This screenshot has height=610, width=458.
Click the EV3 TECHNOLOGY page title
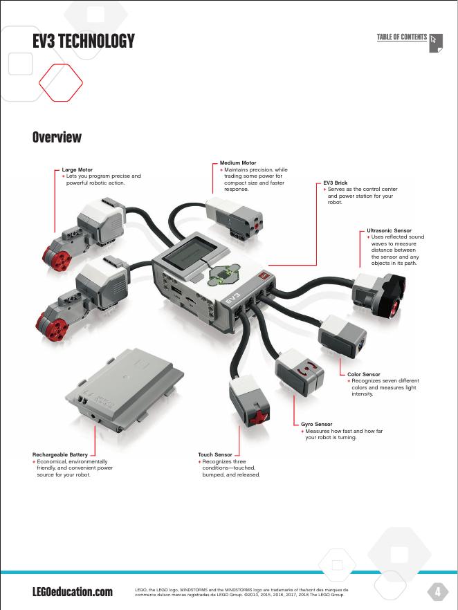83,41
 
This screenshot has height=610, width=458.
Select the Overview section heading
57,138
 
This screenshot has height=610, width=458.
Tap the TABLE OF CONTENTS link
402,37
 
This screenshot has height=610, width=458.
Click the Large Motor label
77,169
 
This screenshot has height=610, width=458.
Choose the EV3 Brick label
336,183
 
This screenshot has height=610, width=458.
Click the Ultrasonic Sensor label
389,230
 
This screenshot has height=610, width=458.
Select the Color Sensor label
364,374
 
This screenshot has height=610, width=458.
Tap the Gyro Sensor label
317,424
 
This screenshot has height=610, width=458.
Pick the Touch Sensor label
215,455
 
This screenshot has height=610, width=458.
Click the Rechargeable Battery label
60,455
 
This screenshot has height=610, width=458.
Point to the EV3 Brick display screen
192,250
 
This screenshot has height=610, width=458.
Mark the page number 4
437,591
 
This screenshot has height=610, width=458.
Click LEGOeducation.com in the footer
72,592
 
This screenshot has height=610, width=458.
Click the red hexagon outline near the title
61,82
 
